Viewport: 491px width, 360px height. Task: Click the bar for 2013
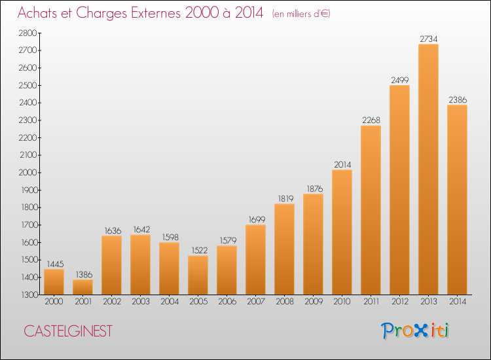(428, 169)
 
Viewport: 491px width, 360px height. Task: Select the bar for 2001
(82, 287)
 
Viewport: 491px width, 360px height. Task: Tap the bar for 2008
(284, 249)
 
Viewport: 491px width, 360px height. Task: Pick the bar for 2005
(198, 275)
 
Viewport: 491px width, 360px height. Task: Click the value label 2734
(428, 39)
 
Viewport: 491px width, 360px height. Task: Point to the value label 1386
(84, 274)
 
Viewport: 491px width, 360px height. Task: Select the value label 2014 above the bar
(342, 165)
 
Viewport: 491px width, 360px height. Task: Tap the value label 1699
(257, 220)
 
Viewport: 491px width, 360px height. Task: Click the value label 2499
(400, 80)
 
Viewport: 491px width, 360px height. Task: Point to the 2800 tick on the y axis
(28, 33)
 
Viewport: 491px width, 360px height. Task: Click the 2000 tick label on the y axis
(28, 173)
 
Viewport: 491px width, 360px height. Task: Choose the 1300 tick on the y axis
(29, 295)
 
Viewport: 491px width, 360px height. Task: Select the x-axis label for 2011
(371, 302)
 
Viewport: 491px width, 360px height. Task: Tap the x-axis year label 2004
(170, 302)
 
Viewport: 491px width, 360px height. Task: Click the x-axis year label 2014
(458, 302)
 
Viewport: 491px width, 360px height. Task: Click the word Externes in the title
(156, 13)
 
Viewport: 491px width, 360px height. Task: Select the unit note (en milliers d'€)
(301, 14)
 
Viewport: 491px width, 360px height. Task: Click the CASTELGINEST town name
(68, 331)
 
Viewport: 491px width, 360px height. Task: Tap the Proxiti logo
(415, 331)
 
